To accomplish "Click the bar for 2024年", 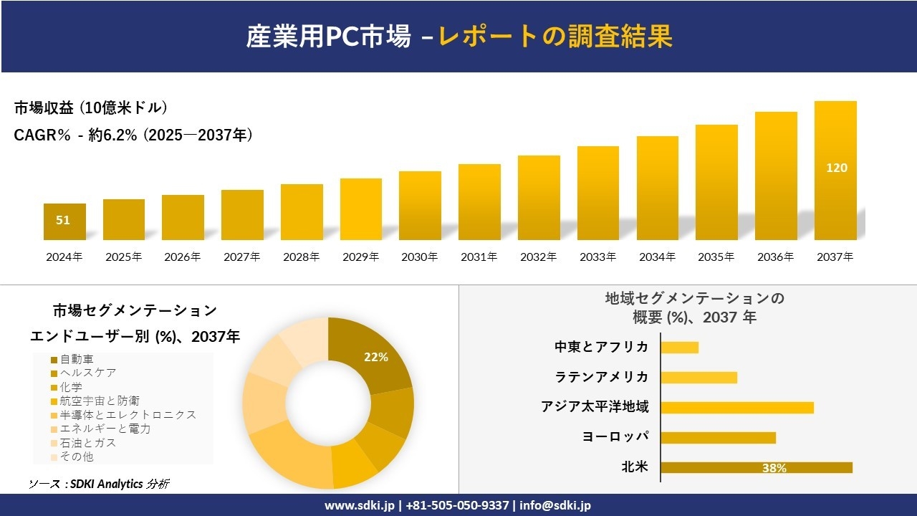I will (64, 222).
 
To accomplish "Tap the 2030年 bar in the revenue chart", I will (420, 206).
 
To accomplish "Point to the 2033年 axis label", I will (597, 257).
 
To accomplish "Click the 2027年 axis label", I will (241, 257).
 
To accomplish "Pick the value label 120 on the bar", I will (836, 168).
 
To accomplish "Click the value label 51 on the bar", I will (63, 220).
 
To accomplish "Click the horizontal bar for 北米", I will (756, 467).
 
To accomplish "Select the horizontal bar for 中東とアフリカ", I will (679, 347).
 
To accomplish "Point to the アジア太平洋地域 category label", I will (595, 407).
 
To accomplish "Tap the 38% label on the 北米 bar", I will (774, 468).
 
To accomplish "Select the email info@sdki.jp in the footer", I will (557, 505).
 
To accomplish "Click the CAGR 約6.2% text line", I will (133, 135).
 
